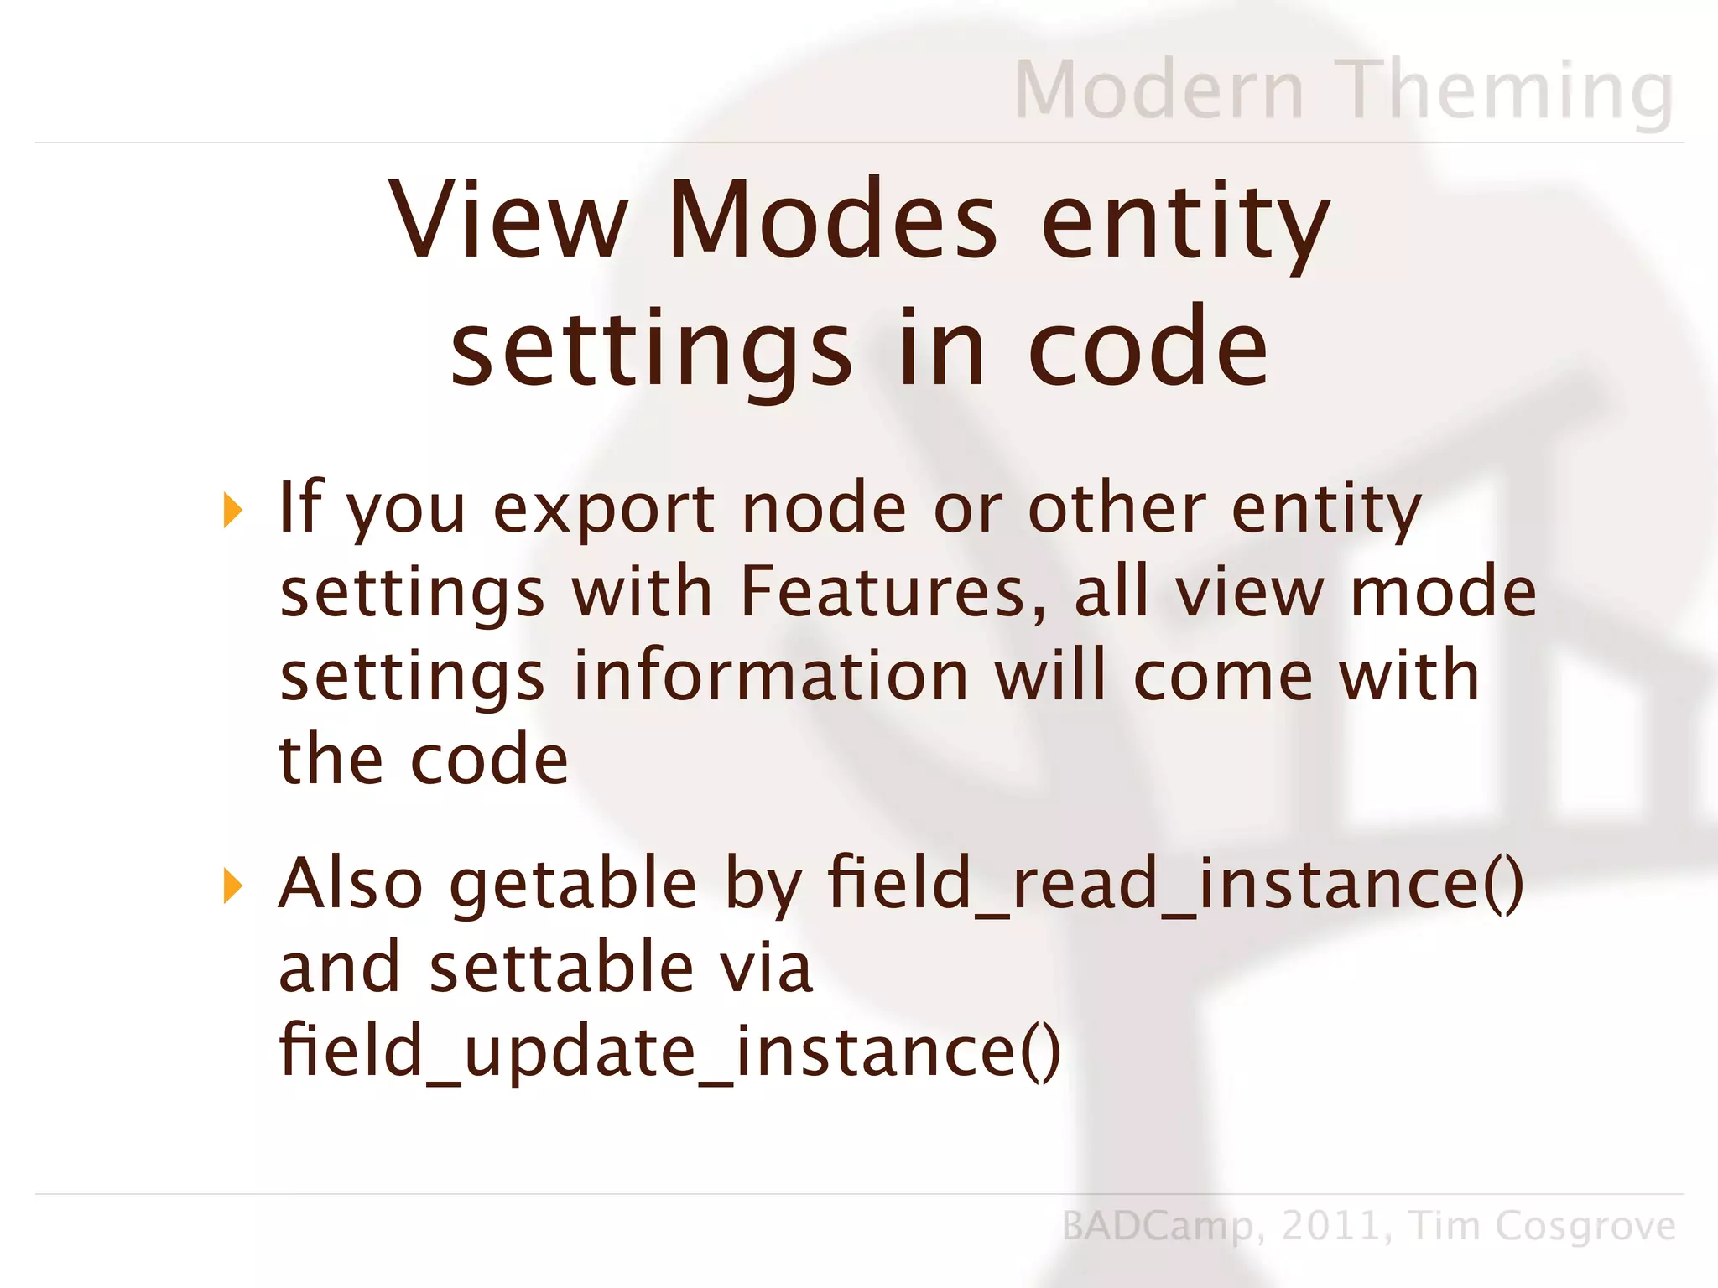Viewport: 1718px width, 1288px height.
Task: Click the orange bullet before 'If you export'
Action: click(x=232, y=510)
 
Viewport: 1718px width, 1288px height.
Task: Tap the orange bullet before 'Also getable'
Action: click(x=232, y=885)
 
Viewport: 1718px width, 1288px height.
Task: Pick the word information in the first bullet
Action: click(x=771, y=676)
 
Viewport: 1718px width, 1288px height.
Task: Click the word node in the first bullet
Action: click(x=825, y=508)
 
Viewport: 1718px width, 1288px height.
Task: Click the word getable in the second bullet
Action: click(x=573, y=885)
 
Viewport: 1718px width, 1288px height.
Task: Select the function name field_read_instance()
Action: click(x=1175, y=884)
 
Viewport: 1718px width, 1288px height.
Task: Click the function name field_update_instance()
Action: click(x=670, y=1052)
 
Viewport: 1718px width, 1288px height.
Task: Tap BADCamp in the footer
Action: click(x=1158, y=1227)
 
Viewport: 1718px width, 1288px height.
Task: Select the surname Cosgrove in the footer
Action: click(x=1585, y=1227)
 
